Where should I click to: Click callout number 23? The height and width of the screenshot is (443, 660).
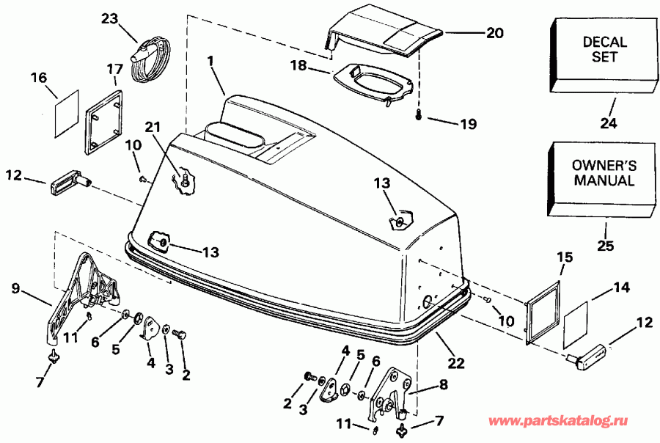pos(109,20)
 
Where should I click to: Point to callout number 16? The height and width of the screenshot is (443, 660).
pos(37,77)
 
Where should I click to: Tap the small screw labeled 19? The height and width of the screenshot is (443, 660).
pos(418,115)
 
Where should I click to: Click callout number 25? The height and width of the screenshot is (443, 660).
pos(606,246)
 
